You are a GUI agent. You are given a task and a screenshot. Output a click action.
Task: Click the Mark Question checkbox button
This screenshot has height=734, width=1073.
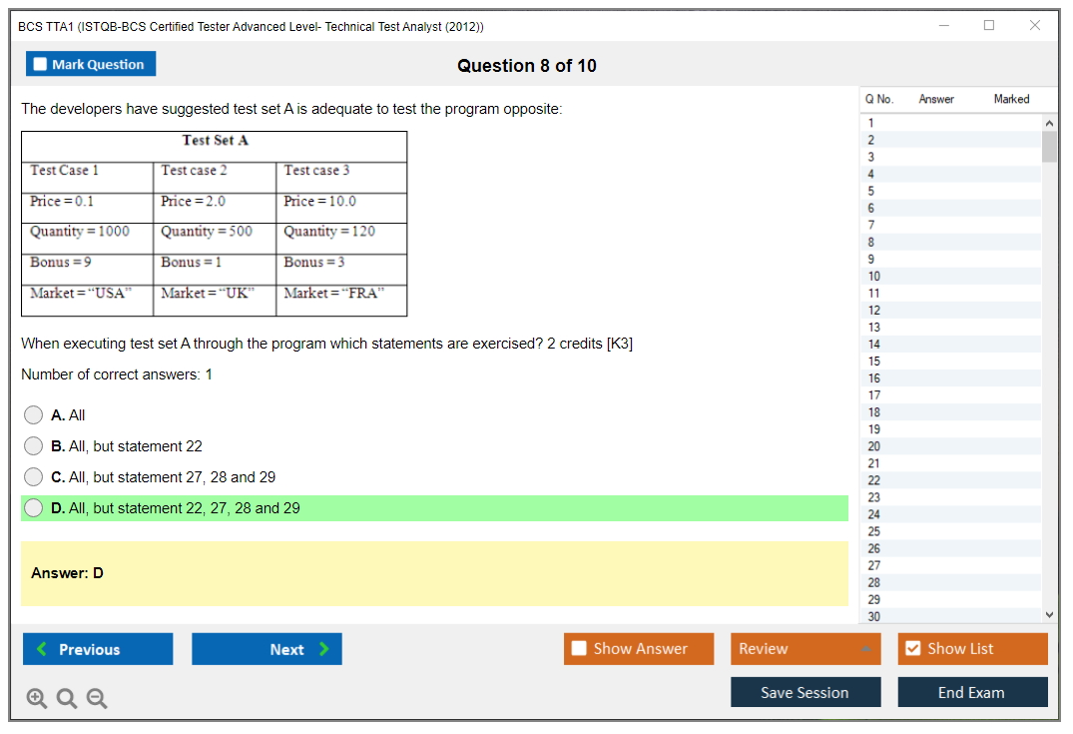(x=91, y=64)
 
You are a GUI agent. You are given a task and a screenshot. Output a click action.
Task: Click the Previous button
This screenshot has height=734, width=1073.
(x=98, y=648)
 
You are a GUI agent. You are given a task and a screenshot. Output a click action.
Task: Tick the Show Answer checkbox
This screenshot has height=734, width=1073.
(x=580, y=648)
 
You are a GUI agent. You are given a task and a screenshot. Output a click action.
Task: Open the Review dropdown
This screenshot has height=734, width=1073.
(x=805, y=648)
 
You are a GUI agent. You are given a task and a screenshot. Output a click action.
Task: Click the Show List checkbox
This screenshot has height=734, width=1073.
(x=913, y=648)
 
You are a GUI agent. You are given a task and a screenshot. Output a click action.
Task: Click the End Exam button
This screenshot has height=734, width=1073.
(x=972, y=692)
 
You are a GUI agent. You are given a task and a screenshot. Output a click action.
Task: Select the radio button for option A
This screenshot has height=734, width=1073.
(x=33, y=414)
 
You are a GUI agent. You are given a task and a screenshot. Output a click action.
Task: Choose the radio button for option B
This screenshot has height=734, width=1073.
(x=33, y=445)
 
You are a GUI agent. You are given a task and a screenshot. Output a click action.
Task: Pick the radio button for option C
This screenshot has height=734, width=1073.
(x=33, y=476)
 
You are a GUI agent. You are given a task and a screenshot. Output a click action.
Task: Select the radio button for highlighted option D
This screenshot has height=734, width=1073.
(x=33, y=508)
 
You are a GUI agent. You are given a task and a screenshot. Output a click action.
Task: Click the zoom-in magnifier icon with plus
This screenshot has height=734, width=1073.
(x=36, y=698)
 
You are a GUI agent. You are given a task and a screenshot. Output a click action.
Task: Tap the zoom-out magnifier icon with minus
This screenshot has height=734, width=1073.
(x=97, y=698)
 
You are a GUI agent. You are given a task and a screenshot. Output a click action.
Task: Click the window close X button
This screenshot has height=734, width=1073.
(x=1035, y=25)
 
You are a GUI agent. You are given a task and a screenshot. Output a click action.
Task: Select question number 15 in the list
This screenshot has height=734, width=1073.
(x=874, y=361)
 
